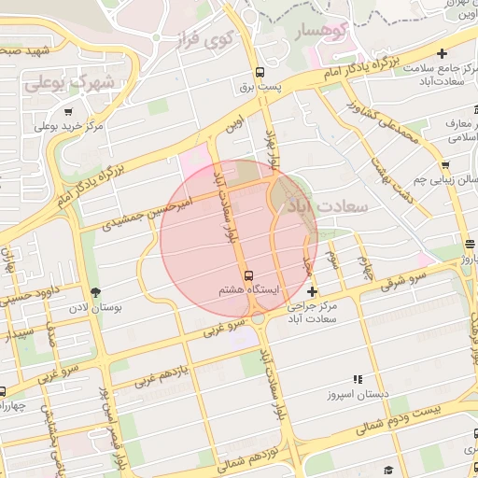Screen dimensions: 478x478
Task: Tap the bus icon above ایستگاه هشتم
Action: (x=248, y=275)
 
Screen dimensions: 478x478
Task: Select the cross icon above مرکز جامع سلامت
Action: (x=442, y=53)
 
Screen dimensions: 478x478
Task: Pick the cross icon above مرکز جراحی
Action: (x=312, y=292)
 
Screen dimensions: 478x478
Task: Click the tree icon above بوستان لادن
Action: (x=94, y=293)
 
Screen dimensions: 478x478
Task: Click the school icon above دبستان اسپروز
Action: (x=356, y=379)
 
